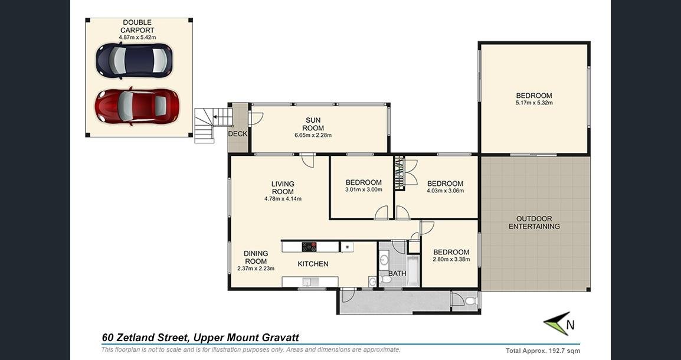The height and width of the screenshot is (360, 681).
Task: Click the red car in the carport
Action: pos(137,106)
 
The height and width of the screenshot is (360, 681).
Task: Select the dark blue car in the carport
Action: pos(134,60)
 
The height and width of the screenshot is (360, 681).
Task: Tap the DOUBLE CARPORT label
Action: pos(137,26)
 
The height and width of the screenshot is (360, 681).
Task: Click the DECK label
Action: pos(238,134)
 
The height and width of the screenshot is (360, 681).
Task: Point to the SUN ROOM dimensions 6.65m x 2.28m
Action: pos(313,135)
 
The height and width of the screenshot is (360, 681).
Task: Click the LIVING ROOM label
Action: pos(283,188)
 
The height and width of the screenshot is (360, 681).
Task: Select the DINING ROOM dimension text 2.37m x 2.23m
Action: pos(256,269)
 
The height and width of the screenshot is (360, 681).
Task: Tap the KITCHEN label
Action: pos(313,264)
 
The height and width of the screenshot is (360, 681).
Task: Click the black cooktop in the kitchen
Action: pos(309,247)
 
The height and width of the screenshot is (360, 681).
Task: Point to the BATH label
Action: pos(397,274)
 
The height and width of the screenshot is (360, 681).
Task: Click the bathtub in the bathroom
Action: pos(413,270)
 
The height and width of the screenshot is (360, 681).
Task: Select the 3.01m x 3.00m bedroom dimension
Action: pos(364,190)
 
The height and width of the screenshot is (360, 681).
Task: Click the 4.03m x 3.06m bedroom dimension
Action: pos(445,191)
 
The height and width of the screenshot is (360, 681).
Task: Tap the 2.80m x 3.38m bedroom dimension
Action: pos(451,259)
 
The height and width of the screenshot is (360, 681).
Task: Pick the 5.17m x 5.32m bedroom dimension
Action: pos(534,103)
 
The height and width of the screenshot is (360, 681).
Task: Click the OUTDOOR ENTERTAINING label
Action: pos(534,222)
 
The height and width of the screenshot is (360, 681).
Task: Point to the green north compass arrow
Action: pos(556,323)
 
